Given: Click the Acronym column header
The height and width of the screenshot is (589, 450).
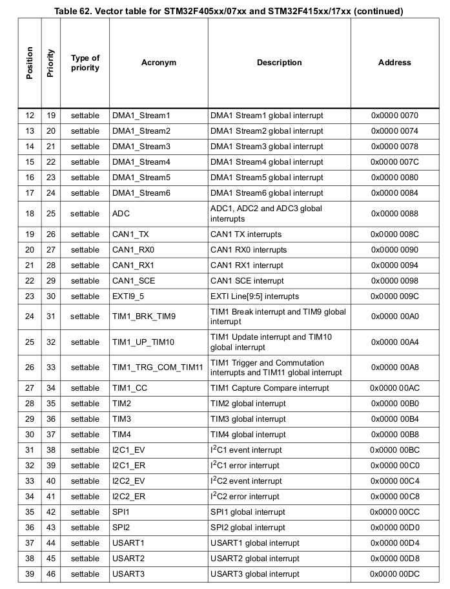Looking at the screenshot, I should [158, 63].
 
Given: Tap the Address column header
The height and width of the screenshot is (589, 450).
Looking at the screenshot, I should [394, 63].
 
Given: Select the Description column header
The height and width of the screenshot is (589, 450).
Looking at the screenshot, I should [279, 63].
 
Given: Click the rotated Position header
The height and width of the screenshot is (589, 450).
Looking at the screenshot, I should [29, 63].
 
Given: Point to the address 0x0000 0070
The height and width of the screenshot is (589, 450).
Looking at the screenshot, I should [394, 116].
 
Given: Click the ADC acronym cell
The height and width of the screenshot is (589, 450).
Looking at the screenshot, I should [121, 214].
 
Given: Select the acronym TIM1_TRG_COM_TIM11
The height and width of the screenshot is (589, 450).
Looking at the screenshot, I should [158, 367].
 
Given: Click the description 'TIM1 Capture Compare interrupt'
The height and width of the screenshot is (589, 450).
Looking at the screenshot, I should [269, 388].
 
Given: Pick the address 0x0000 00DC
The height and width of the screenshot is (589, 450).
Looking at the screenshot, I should [394, 574].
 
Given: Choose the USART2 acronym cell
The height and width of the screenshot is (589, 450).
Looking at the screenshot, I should [128, 559].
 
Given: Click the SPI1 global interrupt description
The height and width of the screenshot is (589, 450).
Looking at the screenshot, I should [247, 512].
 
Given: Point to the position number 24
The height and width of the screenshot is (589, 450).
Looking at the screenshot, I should [30, 316].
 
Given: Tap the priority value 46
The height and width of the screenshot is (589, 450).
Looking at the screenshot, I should [51, 574].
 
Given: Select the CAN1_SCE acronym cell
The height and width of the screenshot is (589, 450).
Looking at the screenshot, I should [134, 281].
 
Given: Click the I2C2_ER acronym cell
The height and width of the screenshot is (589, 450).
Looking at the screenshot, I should [128, 497].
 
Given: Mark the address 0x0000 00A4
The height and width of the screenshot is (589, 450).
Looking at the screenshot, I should [394, 342].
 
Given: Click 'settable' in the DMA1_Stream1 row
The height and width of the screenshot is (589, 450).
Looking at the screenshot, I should [85, 116].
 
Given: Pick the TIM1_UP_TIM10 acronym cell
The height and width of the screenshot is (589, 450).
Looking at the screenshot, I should [143, 342].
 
